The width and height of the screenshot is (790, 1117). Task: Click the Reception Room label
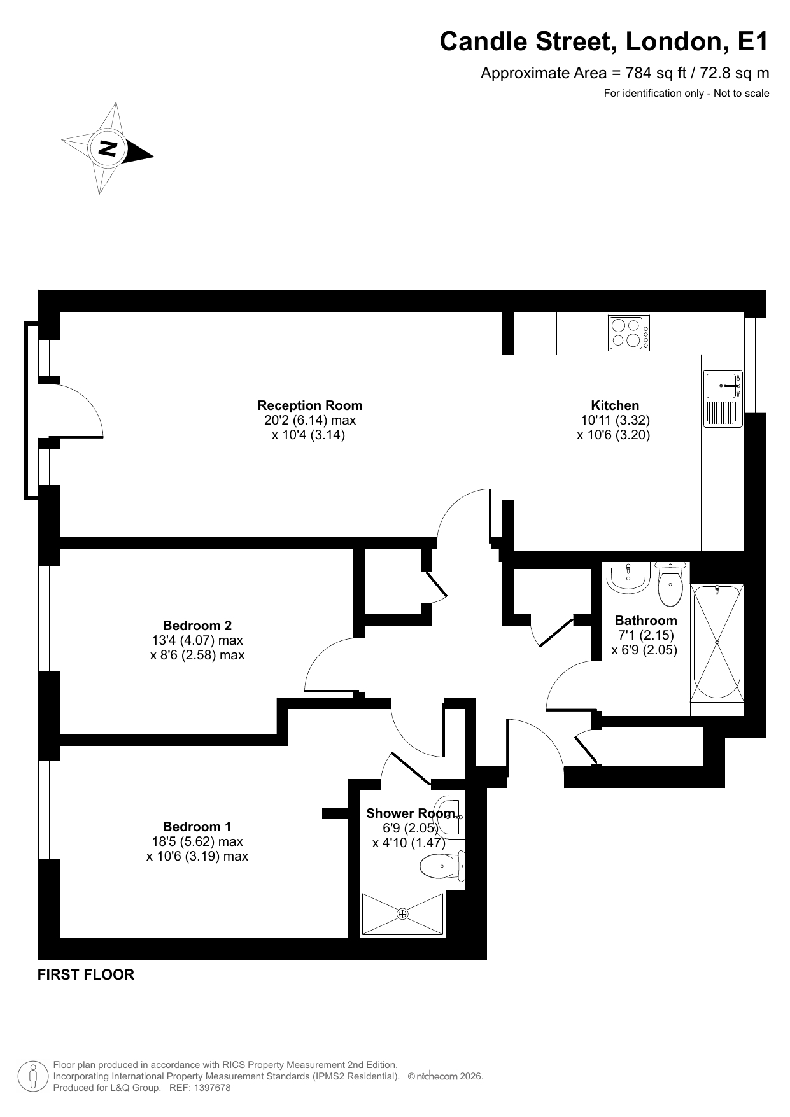pos(310,405)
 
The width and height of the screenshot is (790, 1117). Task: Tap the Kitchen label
pos(615,405)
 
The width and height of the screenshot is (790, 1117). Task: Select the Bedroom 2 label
pos(197,626)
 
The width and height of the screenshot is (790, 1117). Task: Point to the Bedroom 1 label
pos(197,827)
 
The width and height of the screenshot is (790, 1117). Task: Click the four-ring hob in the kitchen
pos(629,333)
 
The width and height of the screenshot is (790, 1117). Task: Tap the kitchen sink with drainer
pos(723,399)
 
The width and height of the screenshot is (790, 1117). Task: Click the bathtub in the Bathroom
pos(717,643)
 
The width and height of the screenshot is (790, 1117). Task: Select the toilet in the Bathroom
pos(670,584)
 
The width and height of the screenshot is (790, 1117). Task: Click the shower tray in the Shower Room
pos(402,914)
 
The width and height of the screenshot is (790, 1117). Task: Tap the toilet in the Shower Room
pos(442,865)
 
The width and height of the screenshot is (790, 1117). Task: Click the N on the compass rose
pos(107,148)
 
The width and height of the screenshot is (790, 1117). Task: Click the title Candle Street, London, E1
pos(604,42)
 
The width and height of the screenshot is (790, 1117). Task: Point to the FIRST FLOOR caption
pos(86,974)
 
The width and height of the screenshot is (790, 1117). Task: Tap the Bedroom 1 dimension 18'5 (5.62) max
pos(193,841)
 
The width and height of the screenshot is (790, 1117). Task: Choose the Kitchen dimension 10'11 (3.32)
pos(615,420)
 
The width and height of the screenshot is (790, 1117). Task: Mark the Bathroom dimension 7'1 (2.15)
pos(645,635)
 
